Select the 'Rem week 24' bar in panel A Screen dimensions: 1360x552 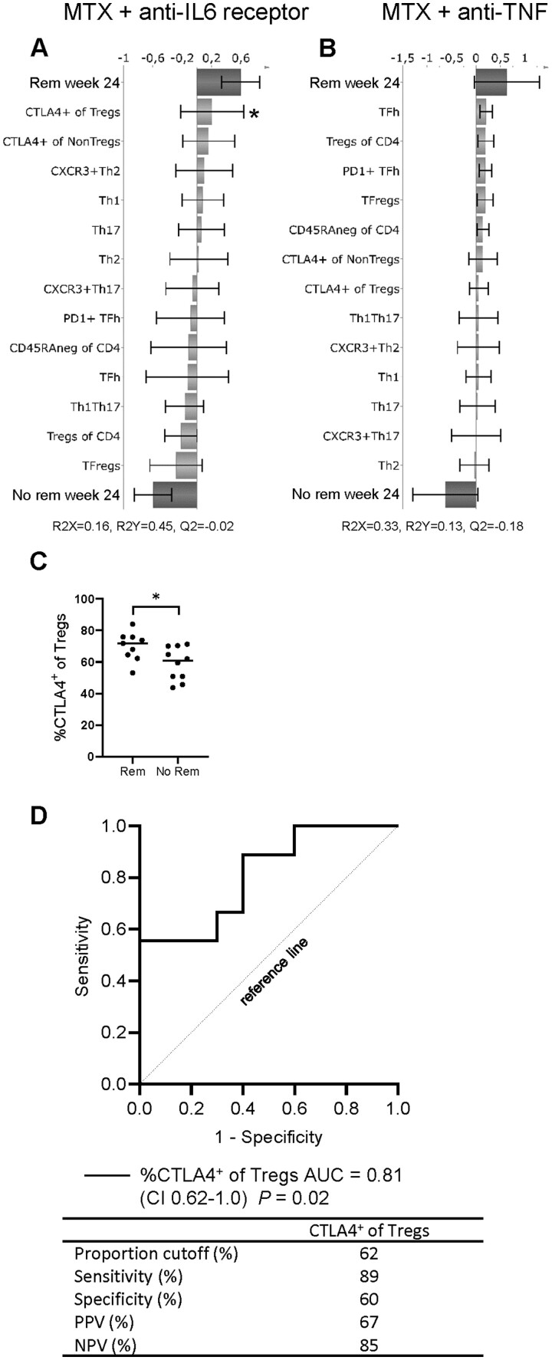pyautogui.click(x=219, y=83)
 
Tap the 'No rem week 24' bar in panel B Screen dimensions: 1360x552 pyautogui.click(x=460, y=494)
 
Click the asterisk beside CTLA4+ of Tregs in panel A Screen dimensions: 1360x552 pyautogui.click(x=254, y=114)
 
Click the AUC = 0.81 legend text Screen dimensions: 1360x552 pyautogui.click(x=271, y=1174)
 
